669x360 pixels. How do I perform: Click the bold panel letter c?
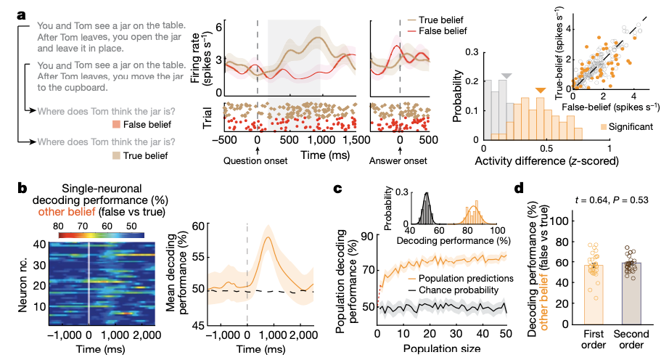click(338, 189)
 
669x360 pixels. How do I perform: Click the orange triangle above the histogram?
click(540, 90)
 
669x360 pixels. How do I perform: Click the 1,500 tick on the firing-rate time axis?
click(354, 139)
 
